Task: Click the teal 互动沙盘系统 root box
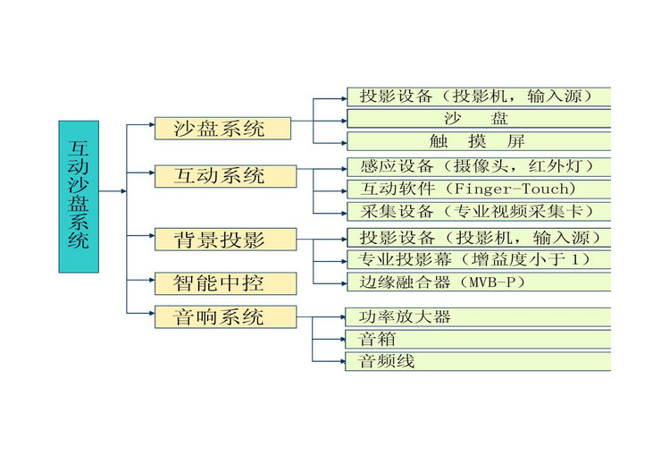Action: (x=79, y=196)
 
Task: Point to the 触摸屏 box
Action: (x=478, y=141)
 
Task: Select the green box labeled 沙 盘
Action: (x=478, y=118)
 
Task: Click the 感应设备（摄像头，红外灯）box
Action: (x=478, y=166)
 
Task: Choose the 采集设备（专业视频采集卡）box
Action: (x=478, y=212)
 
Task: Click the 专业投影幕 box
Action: (x=478, y=260)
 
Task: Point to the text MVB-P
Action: (x=491, y=282)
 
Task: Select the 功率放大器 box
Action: (x=478, y=316)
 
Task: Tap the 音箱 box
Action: (x=478, y=340)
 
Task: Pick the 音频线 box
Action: (x=478, y=362)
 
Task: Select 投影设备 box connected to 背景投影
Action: (x=478, y=237)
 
